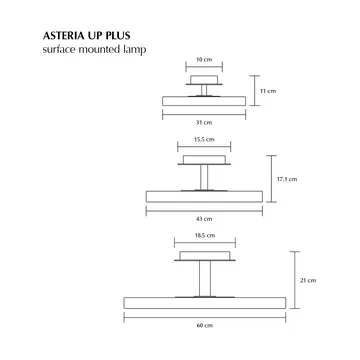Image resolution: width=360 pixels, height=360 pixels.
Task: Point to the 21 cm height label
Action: pyautogui.click(x=309, y=283)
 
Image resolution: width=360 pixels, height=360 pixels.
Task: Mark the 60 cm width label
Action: pyautogui.click(x=205, y=326)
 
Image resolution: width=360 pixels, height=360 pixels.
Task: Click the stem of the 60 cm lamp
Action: pyautogui.click(x=205, y=276)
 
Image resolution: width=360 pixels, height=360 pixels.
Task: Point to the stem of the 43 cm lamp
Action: pyautogui.click(x=204, y=177)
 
